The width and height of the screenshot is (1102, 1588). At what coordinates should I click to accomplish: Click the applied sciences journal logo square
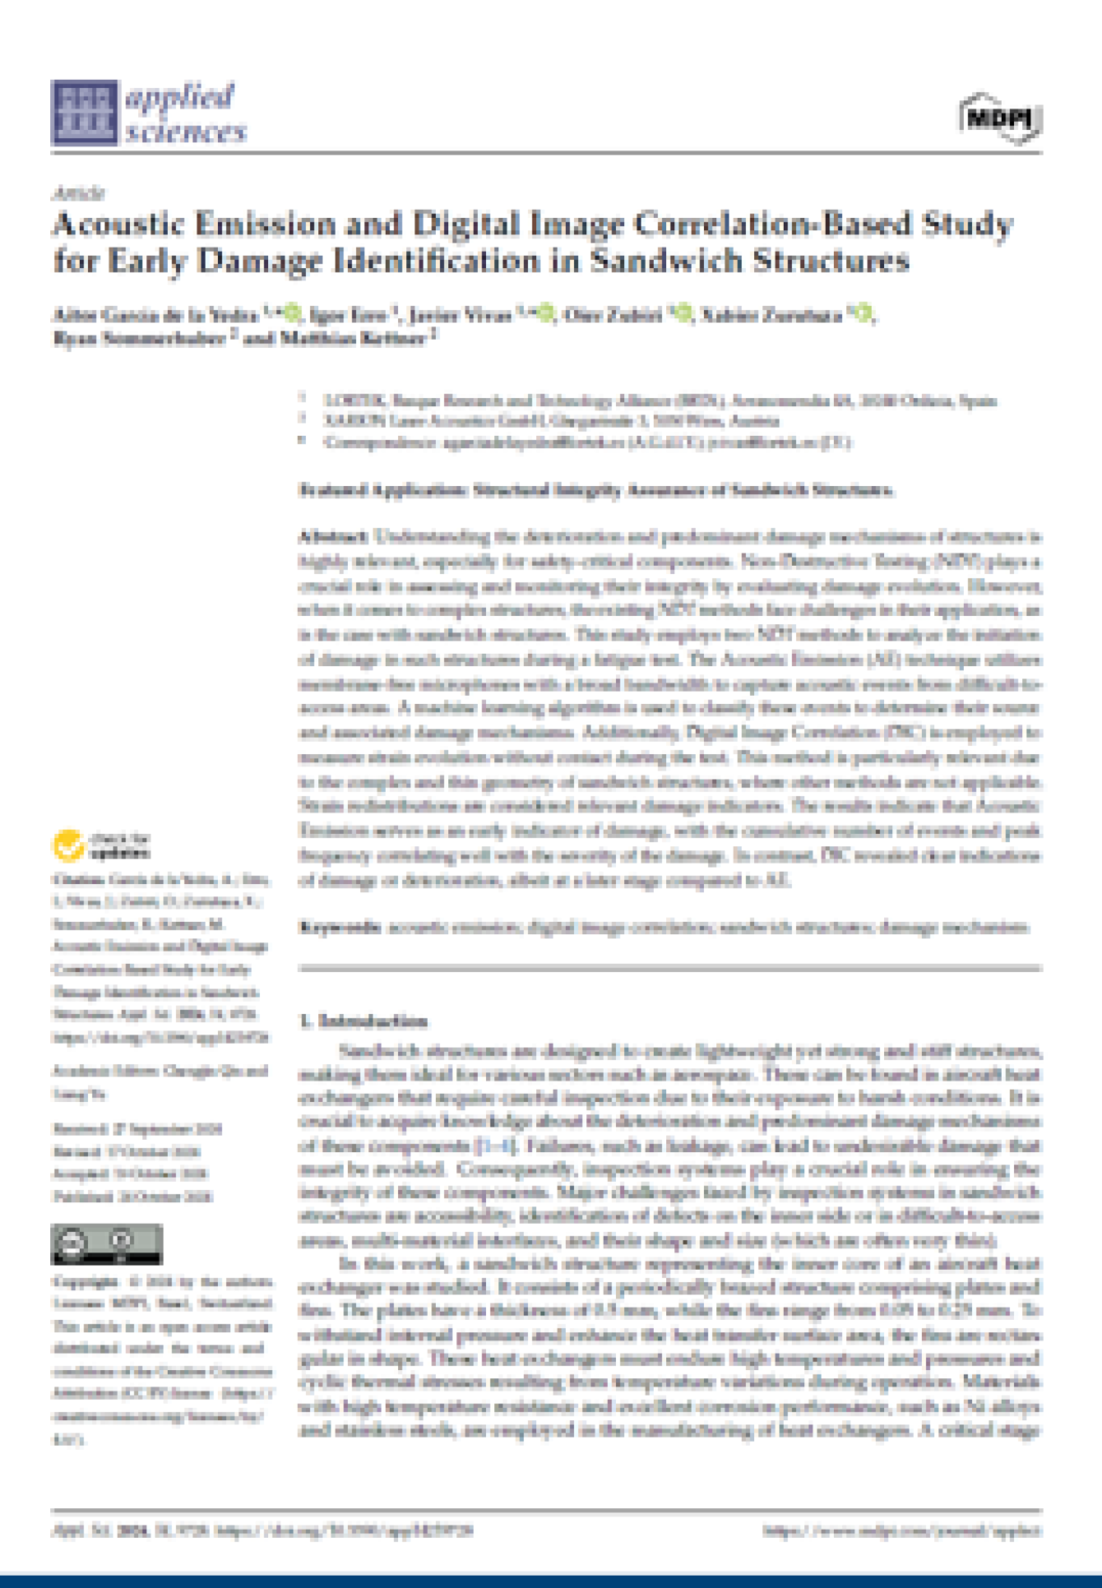pyautogui.click(x=84, y=113)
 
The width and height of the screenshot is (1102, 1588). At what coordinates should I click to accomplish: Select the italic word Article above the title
pyautogui.click(x=78, y=193)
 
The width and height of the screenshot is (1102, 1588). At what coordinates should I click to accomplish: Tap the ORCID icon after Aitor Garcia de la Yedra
pyautogui.click(x=292, y=315)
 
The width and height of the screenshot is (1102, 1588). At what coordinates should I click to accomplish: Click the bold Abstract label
pyautogui.click(x=333, y=537)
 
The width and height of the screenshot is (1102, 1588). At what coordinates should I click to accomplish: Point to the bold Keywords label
pyautogui.click(x=340, y=927)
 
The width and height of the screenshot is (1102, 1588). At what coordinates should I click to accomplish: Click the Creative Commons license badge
pyautogui.click(x=106, y=1244)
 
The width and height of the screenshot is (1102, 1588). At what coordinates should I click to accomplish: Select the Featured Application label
pyautogui.click(x=383, y=490)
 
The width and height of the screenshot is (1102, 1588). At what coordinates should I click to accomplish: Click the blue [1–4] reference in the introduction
pyautogui.click(x=495, y=1146)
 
